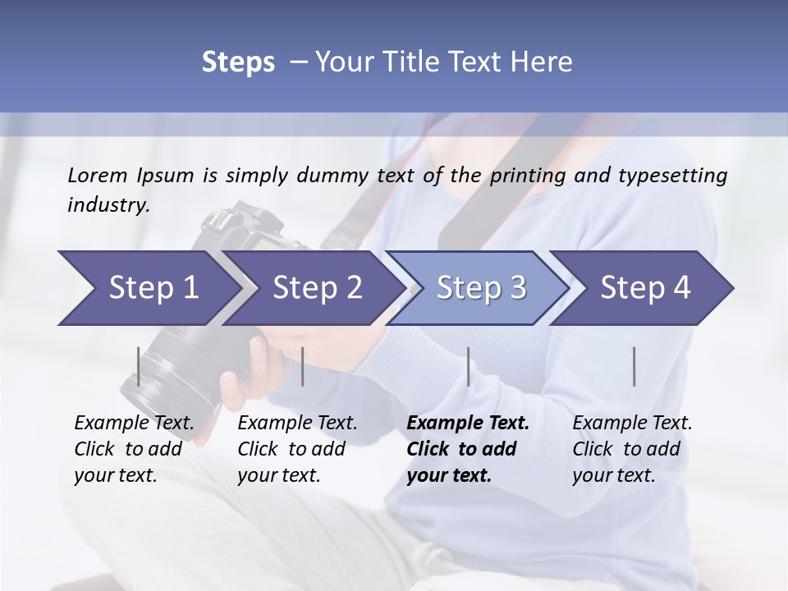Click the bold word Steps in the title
tap(238, 62)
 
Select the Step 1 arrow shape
tap(148, 288)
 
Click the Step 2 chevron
tap(317, 288)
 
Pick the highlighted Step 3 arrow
tap(481, 288)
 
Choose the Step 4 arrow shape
tap(645, 288)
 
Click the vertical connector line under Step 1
tap(139, 366)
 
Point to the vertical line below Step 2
tap(303, 366)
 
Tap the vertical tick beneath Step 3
tap(468, 366)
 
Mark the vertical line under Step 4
tap(634, 366)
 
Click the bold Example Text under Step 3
tap(468, 424)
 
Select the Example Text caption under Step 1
tap(134, 424)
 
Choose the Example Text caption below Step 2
tap(297, 424)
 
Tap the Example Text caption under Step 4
tap(632, 424)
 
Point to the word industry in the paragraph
tap(108, 205)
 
